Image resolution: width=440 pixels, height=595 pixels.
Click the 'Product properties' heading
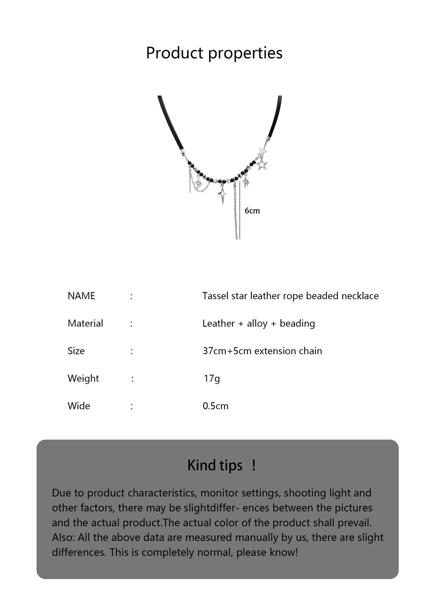(x=214, y=53)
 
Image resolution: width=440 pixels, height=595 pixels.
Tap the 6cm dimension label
(x=252, y=211)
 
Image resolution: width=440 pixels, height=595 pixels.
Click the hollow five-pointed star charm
(x=262, y=164)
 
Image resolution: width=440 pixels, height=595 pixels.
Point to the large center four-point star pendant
(x=222, y=194)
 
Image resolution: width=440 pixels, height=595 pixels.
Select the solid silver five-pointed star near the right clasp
(x=263, y=151)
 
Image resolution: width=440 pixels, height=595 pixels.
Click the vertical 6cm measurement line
(x=240, y=211)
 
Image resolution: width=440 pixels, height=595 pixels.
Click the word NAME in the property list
(x=81, y=296)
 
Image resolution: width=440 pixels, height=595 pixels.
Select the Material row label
(x=85, y=324)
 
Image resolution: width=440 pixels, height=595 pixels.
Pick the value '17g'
(x=212, y=378)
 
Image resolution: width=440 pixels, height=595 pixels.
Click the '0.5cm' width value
(x=216, y=406)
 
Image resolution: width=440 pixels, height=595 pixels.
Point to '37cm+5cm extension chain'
(x=262, y=351)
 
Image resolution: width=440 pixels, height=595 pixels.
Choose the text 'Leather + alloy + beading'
(x=259, y=324)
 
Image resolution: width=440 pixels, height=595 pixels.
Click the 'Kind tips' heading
(x=215, y=465)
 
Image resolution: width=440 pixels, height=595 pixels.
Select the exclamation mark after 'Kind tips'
(x=254, y=465)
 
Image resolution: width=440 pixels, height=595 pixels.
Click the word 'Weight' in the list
(x=83, y=378)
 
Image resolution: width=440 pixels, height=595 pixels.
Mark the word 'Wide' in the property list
(x=79, y=406)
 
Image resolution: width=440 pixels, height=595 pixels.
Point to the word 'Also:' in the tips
(x=63, y=537)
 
